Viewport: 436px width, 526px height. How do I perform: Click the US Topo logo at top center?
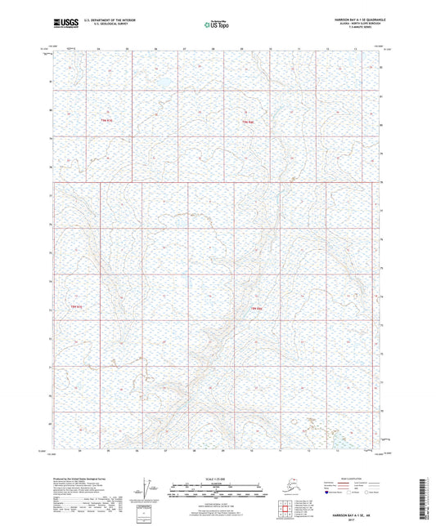point(217,24)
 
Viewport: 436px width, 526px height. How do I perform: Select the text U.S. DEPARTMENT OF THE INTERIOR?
point(101,19)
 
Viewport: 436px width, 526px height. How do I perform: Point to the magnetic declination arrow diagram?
point(140,492)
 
